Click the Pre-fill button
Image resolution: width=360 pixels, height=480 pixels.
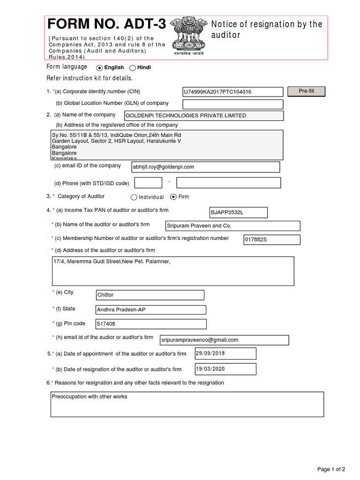pyautogui.click(x=306, y=91)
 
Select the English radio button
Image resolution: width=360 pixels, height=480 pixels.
pyautogui.click(x=99, y=68)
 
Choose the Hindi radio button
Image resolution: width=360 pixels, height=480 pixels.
pyautogui.click(x=132, y=68)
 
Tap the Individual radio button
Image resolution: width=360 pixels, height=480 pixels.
pyautogui.click(x=134, y=197)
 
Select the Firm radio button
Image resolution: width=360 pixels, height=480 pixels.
pyautogui.click(x=173, y=197)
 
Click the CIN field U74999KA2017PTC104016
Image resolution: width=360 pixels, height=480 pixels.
pyautogui.click(x=233, y=92)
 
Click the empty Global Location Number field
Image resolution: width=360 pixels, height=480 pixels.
pyautogui.click(x=233, y=104)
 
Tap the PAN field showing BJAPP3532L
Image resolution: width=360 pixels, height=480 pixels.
pyautogui.click(x=238, y=213)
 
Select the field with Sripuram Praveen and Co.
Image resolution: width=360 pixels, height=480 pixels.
pyautogui.click(x=232, y=226)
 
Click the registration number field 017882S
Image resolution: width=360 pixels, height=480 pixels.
pyautogui.click(x=271, y=240)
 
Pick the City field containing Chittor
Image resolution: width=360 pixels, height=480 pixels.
pyautogui.click(x=150, y=295)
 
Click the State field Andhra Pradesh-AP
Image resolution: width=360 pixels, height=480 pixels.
pyautogui.click(x=150, y=310)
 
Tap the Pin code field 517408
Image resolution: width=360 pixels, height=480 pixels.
pyautogui.click(x=150, y=324)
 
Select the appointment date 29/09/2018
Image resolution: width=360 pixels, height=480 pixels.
pyautogui.click(x=225, y=353)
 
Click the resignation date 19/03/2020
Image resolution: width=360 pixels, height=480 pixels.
pyautogui.click(x=225, y=369)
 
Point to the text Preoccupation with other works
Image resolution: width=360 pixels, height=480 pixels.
pyautogui.click(x=90, y=397)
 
